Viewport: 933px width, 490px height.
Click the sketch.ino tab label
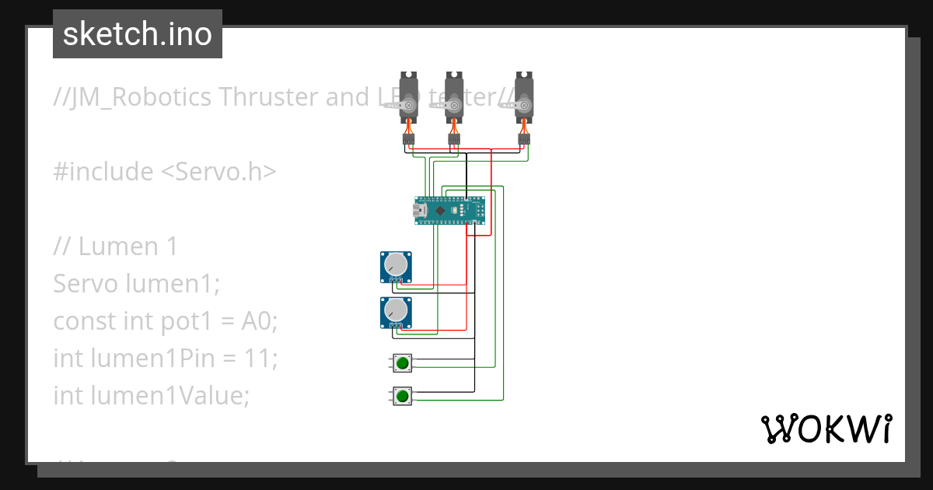click(x=137, y=34)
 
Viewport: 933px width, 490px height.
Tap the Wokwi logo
click(x=825, y=429)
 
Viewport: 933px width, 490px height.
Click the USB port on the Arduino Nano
click(x=420, y=210)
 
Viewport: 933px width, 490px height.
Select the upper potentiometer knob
click(x=397, y=265)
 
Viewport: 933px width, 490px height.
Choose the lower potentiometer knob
click(x=397, y=310)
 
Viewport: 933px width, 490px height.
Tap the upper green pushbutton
click(x=402, y=362)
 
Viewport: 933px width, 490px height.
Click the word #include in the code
click(x=103, y=171)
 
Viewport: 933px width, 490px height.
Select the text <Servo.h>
click(x=218, y=171)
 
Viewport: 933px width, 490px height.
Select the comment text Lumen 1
click(x=128, y=246)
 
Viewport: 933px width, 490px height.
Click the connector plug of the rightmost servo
click(x=524, y=140)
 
